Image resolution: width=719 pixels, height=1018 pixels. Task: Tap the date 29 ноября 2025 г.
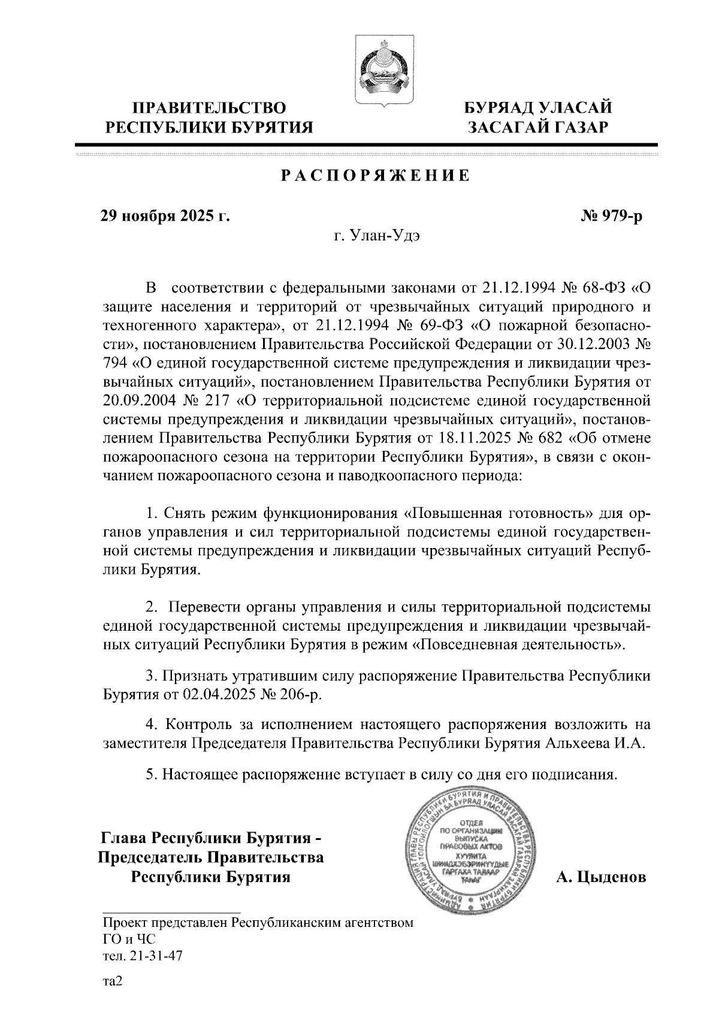pyautogui.click(x=165, y=216)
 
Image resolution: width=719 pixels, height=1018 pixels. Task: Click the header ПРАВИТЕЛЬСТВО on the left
pyautogui.click(x=209, y=108)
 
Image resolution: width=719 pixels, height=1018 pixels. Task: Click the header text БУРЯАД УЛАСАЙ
pyautogui.click(x=539, y=108)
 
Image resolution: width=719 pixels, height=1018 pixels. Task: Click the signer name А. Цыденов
pyautogui.click(x=601, y=877)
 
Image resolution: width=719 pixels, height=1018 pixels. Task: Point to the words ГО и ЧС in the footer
pyautogui.click(x=129, y=939)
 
